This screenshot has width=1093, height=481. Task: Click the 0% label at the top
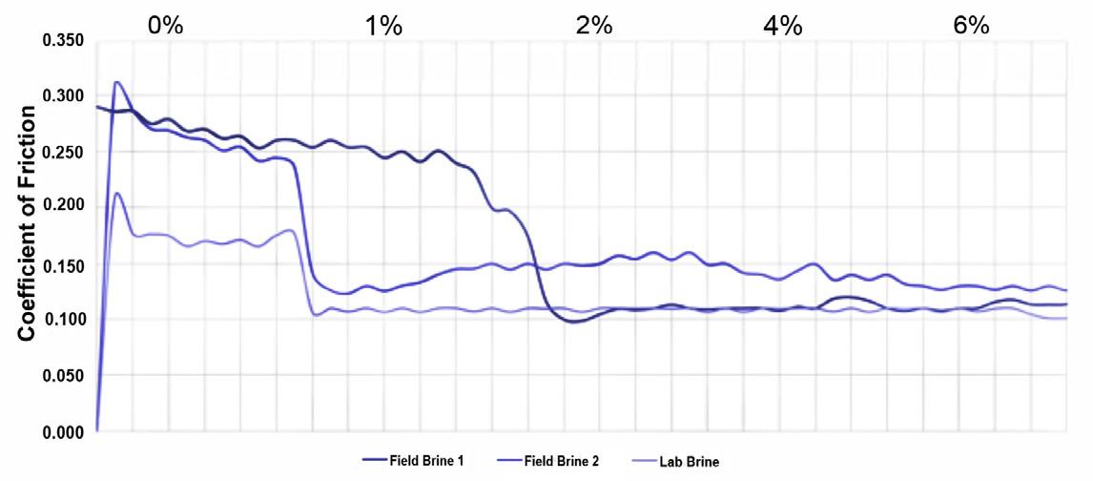tap(165, 26)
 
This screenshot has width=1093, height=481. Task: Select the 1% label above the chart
tap(383, 26)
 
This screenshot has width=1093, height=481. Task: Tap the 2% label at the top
tap(594, 26)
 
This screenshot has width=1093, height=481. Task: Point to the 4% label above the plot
tap(783, 26)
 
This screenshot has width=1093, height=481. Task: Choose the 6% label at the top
tap(971, 26)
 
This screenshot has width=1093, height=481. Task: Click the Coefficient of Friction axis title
tap(28, 223)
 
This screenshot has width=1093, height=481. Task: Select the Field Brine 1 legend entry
tap(413, 460)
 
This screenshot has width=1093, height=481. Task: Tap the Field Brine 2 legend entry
tap(547, 460)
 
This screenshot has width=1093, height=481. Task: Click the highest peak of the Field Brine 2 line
tap(117, 82)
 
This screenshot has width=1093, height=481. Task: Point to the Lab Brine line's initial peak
tap(117, 193)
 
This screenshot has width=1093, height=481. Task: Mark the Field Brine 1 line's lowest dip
tap(572, 322)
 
